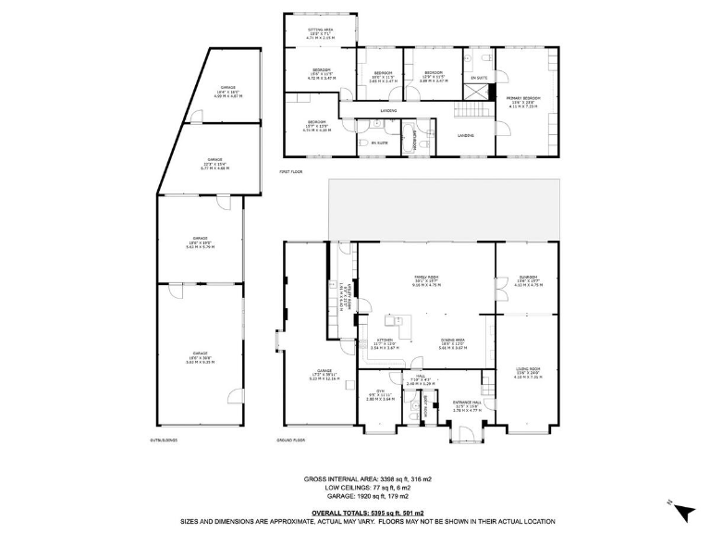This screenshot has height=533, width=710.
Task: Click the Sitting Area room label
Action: click(x=320, y=35)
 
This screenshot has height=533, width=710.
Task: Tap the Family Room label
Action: click(x=425, y=281)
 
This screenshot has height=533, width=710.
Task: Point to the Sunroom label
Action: click(x=526, y=281)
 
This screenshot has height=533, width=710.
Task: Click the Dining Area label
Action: click(x=452, y=343)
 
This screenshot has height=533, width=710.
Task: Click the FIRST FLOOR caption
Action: click(x=292, y=172)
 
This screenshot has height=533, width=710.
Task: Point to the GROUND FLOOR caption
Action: click(x=292, y=440)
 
